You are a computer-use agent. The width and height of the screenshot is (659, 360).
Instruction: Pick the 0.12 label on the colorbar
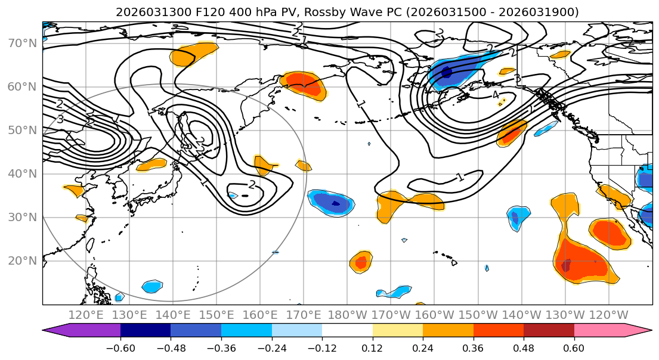(372, 347)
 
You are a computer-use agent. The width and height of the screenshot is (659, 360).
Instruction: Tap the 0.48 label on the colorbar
(523, 347)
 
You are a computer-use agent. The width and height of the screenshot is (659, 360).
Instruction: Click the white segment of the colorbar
(347, 331)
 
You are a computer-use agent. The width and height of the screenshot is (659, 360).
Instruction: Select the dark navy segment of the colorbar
(145, 331)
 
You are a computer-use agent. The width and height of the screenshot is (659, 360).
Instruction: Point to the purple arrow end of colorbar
(60, 331)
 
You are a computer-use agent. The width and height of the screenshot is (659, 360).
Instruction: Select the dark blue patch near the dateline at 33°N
(335, 204)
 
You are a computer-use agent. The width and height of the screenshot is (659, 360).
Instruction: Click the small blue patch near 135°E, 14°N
(152, 286)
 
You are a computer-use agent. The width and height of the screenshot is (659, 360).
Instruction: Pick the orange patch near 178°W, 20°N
(361, 262)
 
